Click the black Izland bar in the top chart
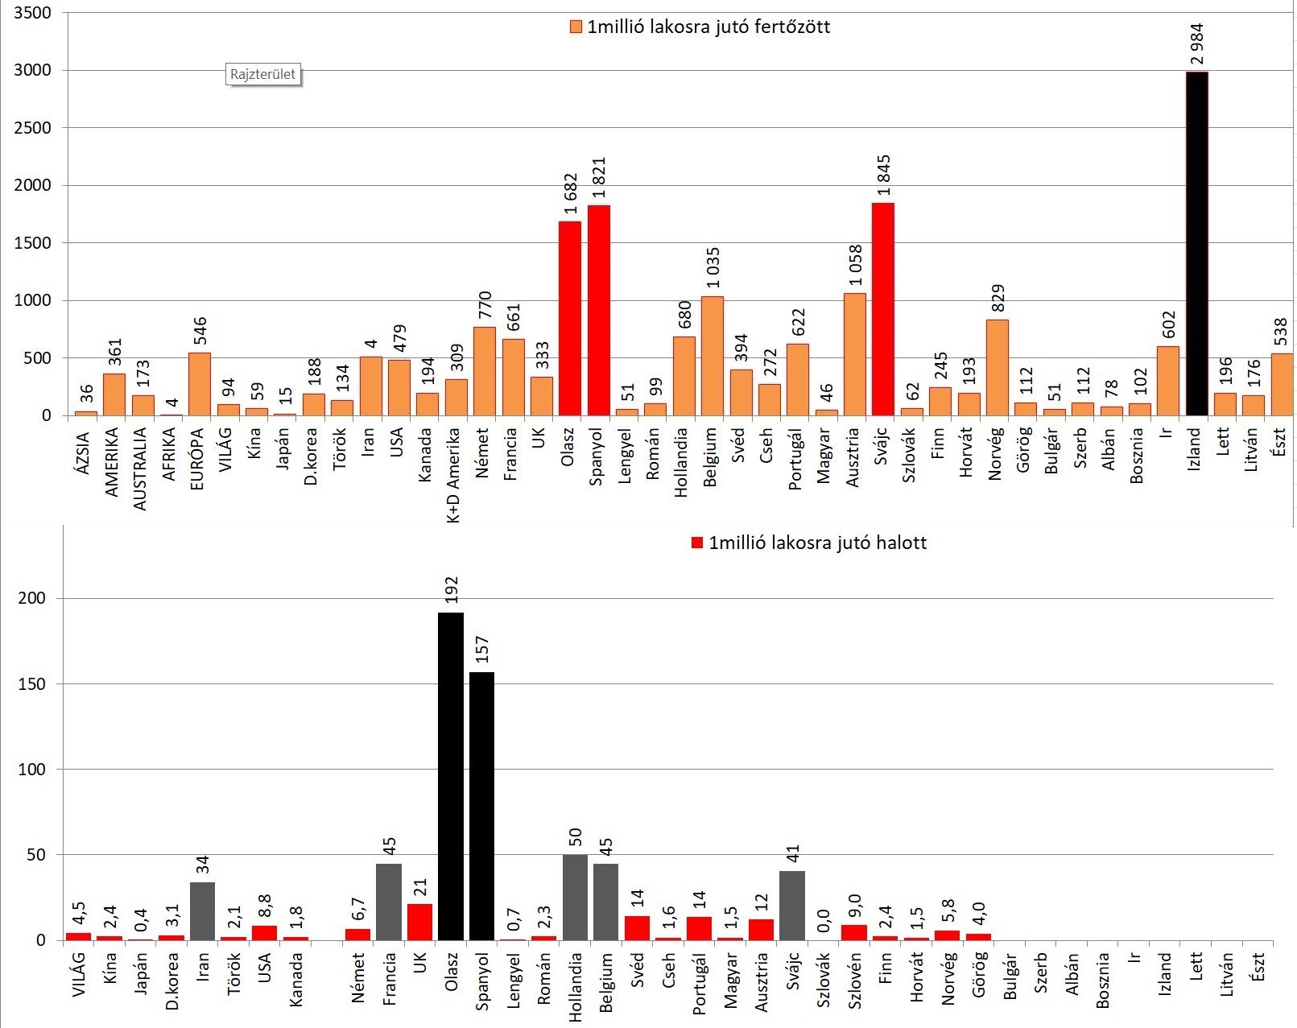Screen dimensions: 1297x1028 click(x=1196, y=243)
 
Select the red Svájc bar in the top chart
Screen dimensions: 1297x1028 click(x=883, y=309)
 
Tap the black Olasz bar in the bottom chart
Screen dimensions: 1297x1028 click(x=451, y=776)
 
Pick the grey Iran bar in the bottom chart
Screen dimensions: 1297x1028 click(x=203, y=911)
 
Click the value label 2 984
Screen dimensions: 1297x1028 click(x=1196, y=43)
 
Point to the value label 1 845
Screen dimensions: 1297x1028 click(x=883, y=175)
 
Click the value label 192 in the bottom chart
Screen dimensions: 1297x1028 click(x=452, y=590)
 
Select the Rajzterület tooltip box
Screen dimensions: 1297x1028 click(x=262, y=74)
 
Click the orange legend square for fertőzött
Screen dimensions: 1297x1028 click(x=576, y=27)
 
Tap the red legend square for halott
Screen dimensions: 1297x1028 click(x=697, y=543)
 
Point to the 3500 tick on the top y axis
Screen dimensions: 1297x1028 click(x=32, y=13)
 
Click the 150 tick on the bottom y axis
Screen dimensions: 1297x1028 click(x=32, y=684)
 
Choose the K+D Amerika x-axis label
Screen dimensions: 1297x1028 click(x=453, y=475)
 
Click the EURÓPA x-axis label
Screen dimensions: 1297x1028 click(x=197, y=459)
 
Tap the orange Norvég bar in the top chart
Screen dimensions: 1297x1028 click(x=997, y=368)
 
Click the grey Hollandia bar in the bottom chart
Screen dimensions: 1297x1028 click(x=575, y=898)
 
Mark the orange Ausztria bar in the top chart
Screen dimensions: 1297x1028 click(x=855, y=354)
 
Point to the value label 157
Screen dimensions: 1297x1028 click(x=482, y=650)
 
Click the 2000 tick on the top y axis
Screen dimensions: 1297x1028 click(x=32, y=185)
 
